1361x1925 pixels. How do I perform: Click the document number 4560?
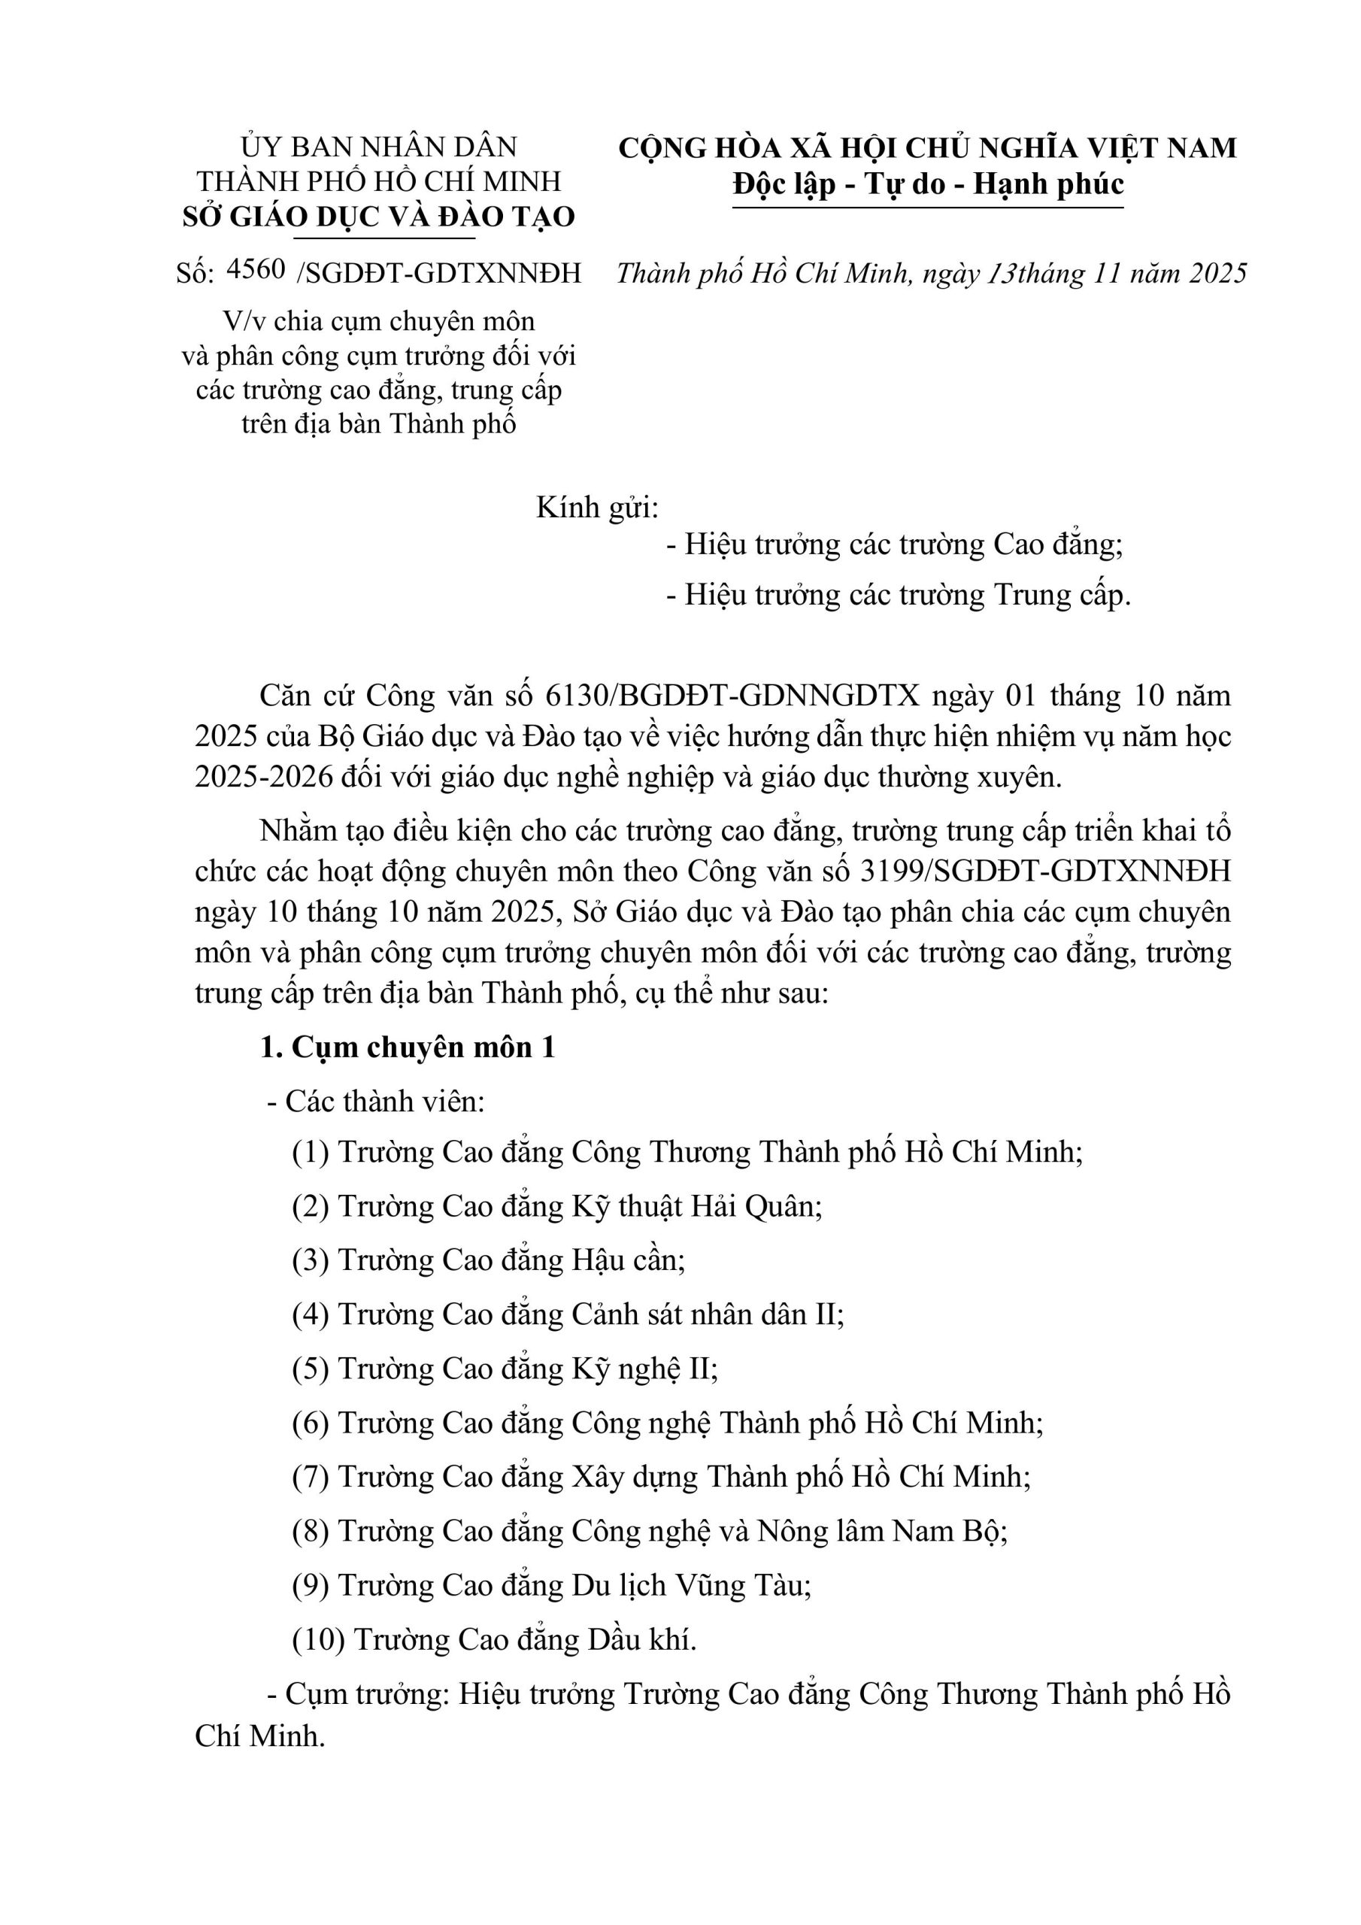(256, 269)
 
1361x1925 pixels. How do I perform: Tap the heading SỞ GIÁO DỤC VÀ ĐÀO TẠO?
(378, 217)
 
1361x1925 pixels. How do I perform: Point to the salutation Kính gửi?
(597, 508)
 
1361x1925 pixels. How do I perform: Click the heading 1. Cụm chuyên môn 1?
(408, 1048)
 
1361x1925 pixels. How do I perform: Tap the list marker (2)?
(310, 1206)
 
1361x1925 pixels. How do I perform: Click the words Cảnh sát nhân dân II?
(707, 1314)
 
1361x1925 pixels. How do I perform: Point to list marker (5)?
(310, 1369)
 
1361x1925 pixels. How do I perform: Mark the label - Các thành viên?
(376, 1101)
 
